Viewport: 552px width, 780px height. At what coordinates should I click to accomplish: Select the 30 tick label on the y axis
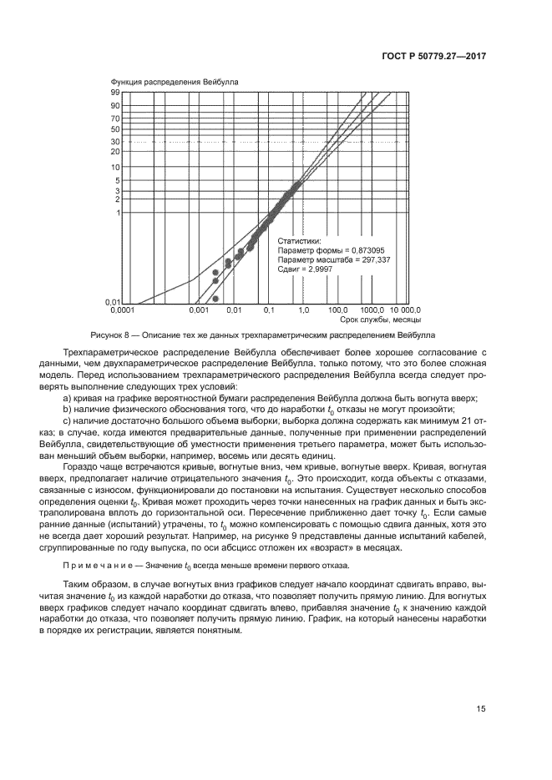coord(116,141)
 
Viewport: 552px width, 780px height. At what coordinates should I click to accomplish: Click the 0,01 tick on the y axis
coord(114,301)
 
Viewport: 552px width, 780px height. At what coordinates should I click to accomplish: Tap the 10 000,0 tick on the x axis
coord(404,310)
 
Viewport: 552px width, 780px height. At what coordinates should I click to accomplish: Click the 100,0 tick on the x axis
coord(337,310)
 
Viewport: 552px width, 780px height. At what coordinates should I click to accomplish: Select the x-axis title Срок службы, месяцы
coord(380,320)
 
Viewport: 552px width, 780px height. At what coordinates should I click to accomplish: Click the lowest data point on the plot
coord(215,299)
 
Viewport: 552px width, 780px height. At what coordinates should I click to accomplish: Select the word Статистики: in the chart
coord(299,240)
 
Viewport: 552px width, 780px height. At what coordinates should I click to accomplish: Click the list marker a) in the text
coord(68,400)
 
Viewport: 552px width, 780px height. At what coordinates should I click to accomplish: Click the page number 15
coord(481,709)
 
